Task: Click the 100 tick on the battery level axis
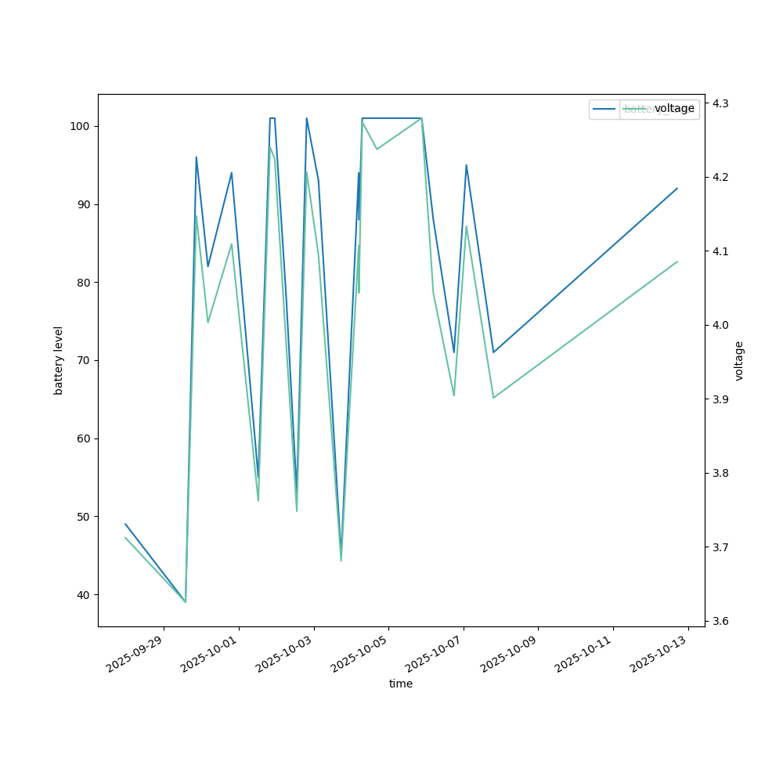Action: point(82,126)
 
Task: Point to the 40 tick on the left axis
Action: point(82,595)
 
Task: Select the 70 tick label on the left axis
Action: point(82,360)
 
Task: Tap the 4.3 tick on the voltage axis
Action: point(720,103)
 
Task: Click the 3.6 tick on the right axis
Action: point(720,622)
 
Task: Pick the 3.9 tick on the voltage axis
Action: point(720,399)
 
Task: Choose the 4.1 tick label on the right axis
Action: point(720,251)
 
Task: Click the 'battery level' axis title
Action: point(59,360)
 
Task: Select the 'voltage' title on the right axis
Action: point(739,360)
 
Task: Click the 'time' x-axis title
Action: point(401,684)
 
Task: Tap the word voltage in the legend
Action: point(674,109)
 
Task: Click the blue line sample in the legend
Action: point(604,109)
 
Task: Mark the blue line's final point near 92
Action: point(677,188)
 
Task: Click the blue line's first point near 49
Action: point(125,524)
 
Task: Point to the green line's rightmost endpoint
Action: point(677,262)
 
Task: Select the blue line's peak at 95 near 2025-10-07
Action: point(466,165)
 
